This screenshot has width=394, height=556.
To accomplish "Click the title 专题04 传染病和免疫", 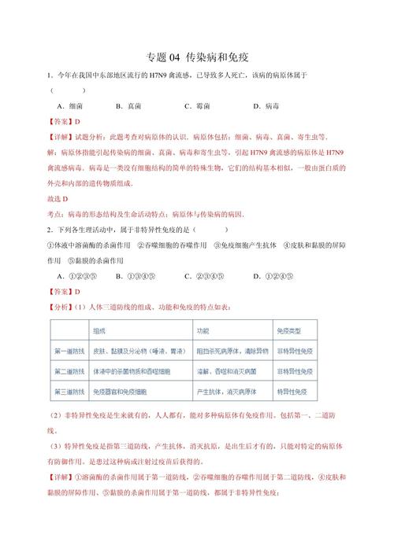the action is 197,57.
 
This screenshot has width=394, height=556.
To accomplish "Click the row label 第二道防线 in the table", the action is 69,369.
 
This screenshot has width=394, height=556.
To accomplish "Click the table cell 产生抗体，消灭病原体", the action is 206,388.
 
